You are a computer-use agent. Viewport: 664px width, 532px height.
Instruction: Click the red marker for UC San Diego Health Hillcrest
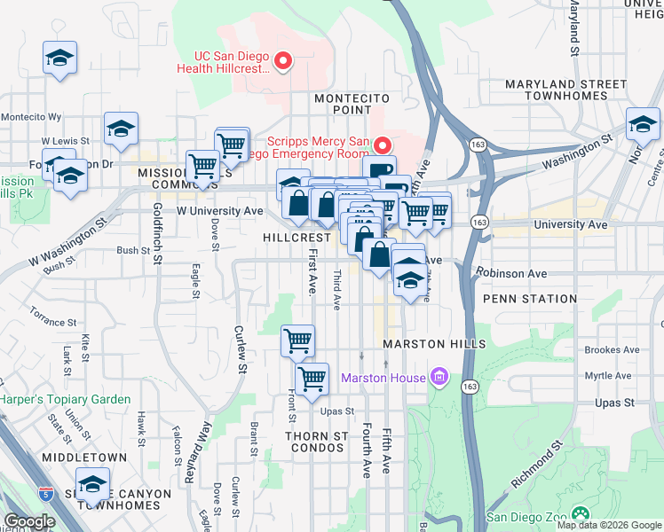click(283, 61)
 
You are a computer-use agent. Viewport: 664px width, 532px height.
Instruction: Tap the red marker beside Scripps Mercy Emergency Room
click(383, 145)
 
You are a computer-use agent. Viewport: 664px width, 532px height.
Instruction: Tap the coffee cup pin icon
click(379, 171)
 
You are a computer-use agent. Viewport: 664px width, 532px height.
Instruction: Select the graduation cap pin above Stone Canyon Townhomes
click(91, 484)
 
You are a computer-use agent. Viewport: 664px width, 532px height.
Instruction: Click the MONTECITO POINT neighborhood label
click(341, 102)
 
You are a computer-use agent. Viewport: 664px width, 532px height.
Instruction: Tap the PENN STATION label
click(531, 299)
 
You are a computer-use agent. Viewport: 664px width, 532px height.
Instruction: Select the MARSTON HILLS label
click(434, 344)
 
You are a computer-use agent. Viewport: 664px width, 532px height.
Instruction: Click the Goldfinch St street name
click(156, 232)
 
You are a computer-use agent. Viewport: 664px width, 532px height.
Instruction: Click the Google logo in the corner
click(30, 521)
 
